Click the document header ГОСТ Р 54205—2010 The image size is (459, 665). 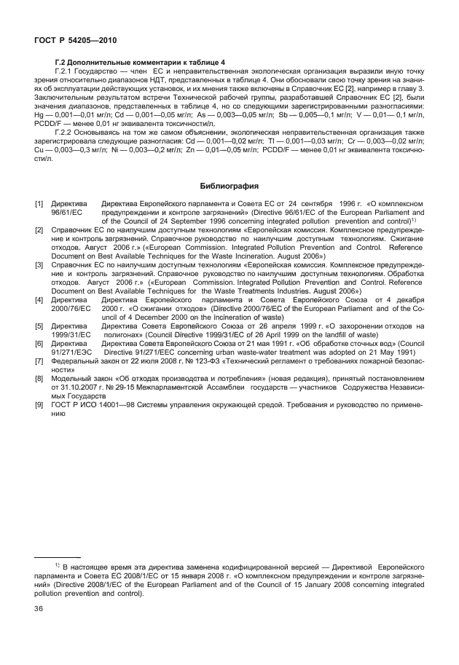(67, 43)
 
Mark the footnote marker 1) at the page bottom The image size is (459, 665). (57, 564)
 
